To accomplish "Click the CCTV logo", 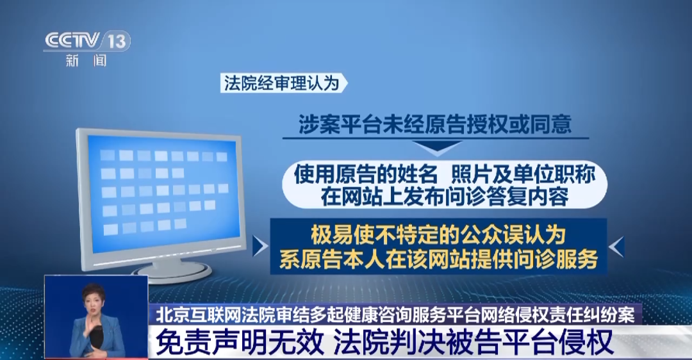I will [72, 41].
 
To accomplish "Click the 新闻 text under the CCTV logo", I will [86, 61].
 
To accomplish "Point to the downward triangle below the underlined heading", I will [435, 149].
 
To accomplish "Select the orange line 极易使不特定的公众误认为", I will [439, 234].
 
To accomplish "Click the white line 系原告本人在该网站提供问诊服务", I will [438, 259].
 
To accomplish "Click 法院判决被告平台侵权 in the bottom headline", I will [474, 342].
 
